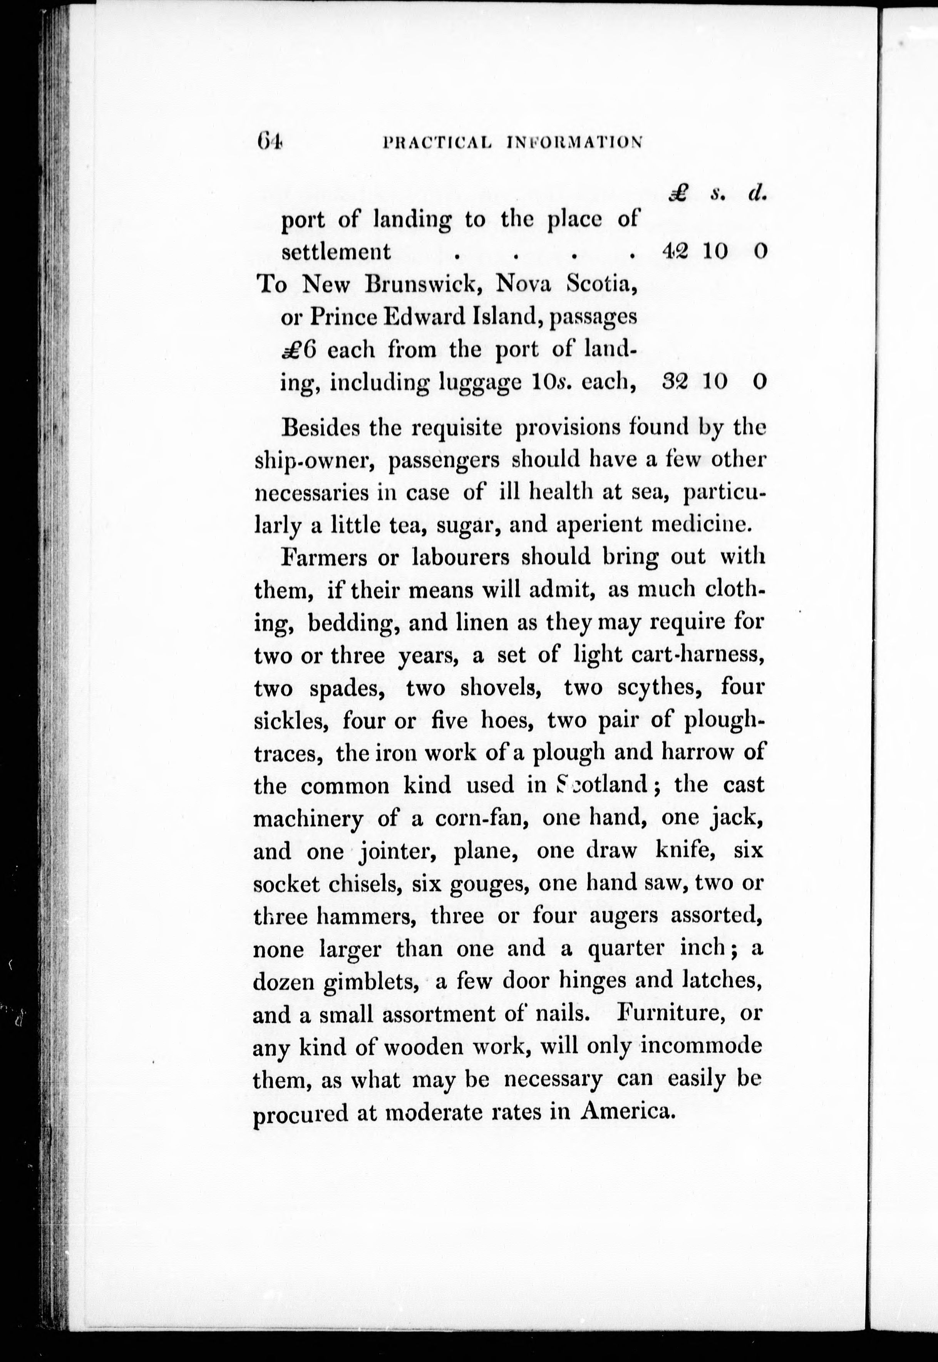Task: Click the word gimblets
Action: tap(364, 982)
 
